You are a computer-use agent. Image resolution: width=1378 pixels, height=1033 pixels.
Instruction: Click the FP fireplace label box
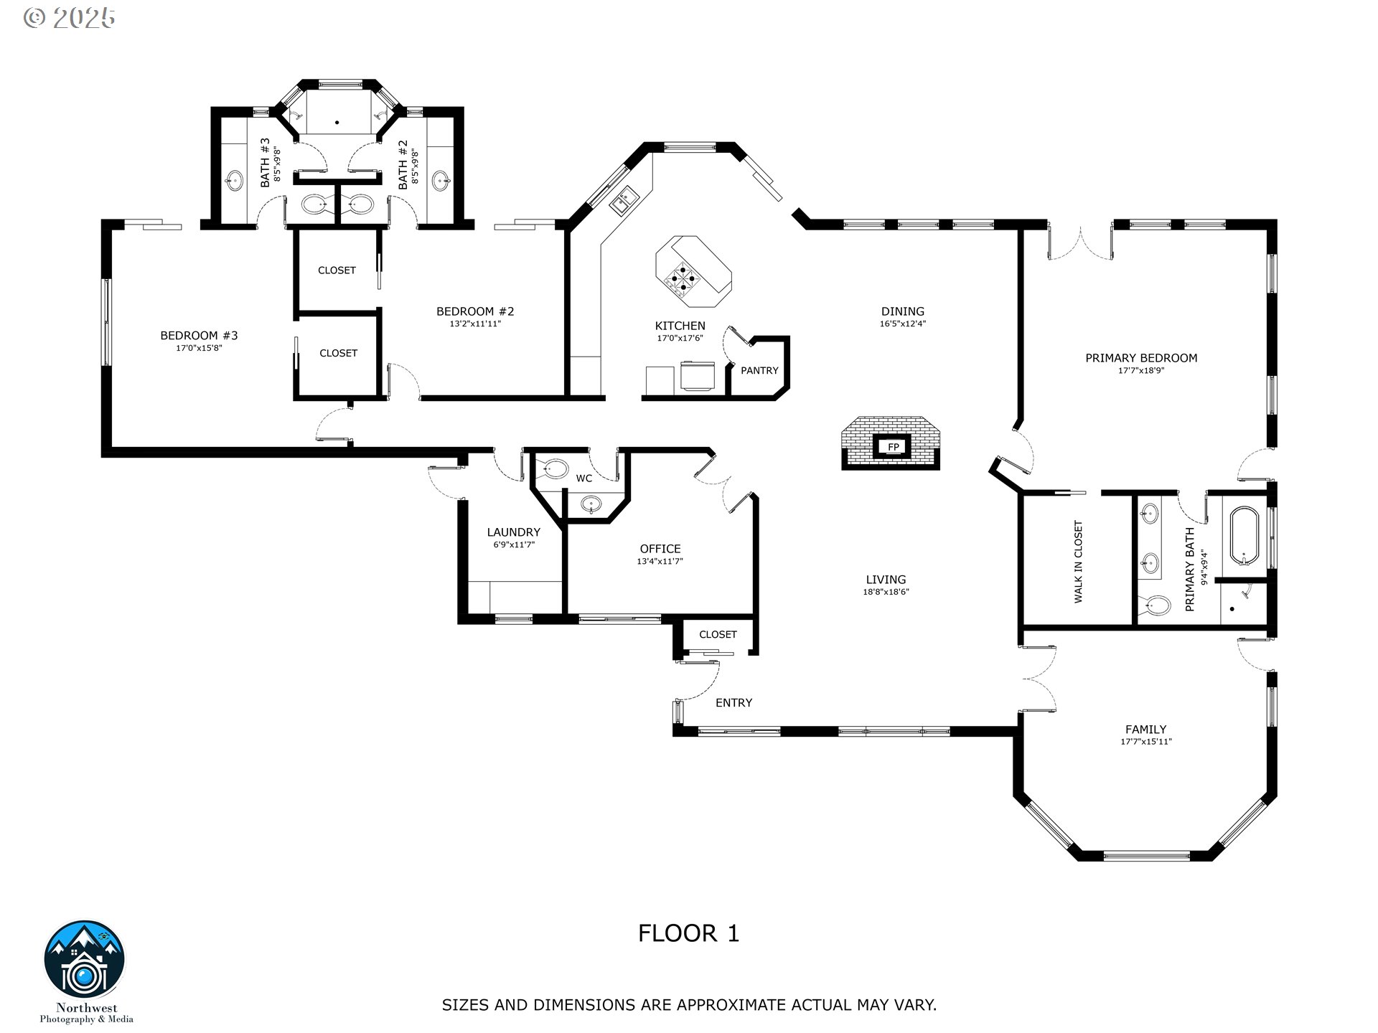coord(893,447)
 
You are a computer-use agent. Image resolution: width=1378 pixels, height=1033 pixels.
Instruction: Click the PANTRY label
coord(759,371)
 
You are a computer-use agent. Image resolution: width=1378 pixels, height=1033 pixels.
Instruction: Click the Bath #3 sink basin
coord(235,180)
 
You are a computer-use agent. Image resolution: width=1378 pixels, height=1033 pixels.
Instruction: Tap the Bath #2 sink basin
coord(441,180)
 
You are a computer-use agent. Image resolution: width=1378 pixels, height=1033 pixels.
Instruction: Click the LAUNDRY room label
coord(513,532)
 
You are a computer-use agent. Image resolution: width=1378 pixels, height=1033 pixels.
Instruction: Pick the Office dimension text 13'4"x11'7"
coord(660,562)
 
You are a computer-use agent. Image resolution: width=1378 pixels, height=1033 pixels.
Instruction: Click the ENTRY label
coord(733,703)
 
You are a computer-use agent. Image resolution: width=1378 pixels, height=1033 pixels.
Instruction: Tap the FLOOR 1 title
coord(688,933)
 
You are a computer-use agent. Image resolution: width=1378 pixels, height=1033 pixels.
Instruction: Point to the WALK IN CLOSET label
coord(1078,562)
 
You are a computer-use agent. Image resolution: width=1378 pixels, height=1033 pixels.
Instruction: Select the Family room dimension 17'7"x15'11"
coord(1146,742)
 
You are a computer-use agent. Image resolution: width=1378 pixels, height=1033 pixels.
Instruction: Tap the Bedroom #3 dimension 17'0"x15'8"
coord(199,348)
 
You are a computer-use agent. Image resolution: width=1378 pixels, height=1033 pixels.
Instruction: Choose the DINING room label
coord(903,311)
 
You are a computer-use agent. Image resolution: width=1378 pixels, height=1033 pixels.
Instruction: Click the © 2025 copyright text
coord(69,18)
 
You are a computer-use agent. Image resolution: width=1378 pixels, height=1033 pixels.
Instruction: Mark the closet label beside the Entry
coord(718,635)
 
